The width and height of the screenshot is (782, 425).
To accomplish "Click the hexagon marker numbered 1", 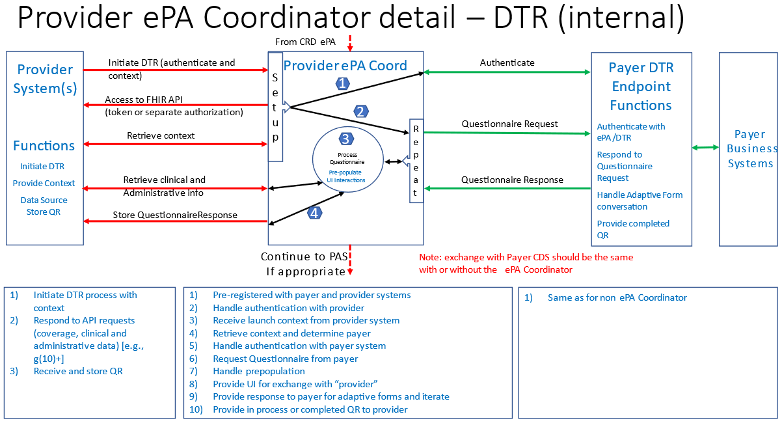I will tap(343, 83).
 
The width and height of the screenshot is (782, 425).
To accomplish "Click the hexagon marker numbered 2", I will tap(360, 111).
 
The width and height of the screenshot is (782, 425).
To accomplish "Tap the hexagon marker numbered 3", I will tap(346, 139).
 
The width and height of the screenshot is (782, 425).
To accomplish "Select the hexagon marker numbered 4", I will tap(316, 212).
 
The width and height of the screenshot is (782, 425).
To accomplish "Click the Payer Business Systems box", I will tap(748, 149).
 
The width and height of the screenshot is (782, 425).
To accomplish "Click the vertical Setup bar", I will tap(275, 107).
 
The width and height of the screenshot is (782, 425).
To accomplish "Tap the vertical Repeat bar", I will tap(416, 161).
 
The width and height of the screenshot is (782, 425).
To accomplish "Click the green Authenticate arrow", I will tap(507, 72).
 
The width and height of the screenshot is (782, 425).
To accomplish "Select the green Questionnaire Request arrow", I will tap(507, 133).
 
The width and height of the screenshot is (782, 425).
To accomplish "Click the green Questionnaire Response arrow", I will tap(507, 189).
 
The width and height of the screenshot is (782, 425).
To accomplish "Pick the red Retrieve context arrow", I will tap(176, 144).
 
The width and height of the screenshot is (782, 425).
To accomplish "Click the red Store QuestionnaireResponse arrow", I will tap(176, 221).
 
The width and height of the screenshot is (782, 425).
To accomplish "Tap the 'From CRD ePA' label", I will tap(305, 42).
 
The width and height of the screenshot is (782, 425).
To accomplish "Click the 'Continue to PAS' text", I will tap(304, 256).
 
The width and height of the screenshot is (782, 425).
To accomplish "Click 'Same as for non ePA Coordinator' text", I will tap(617, 297).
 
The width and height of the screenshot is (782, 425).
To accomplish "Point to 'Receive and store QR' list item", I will tap(78, 371).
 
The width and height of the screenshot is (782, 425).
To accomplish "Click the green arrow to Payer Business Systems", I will tap(705, 148).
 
